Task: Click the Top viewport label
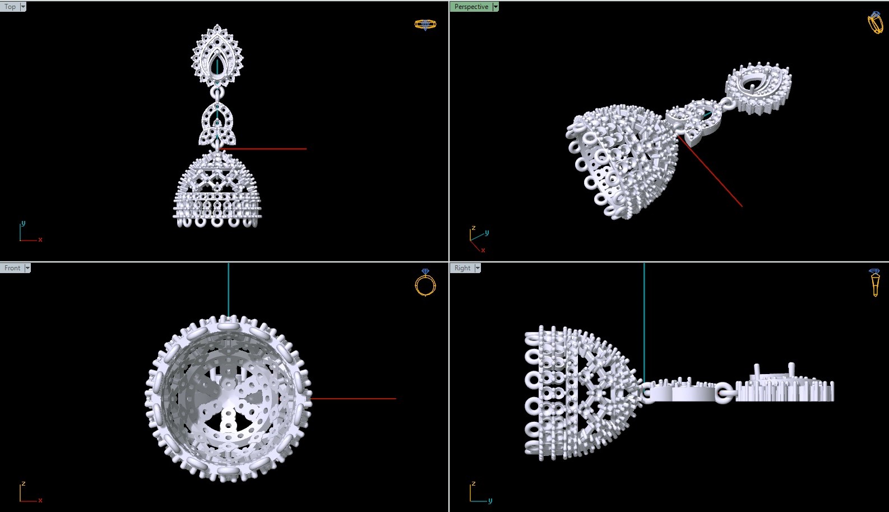click(x=10, y=7)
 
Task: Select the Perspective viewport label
click(x=471, y=7)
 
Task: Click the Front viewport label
click(x=12, y=268)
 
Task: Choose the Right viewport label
click(x=462, y=268)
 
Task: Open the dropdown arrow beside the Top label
click(x=23, y=7)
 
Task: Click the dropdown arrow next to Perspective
click(x=496, y=7)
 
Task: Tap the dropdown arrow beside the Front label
click(x=27, y=268)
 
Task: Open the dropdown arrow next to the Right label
click(x=478, y=268)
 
